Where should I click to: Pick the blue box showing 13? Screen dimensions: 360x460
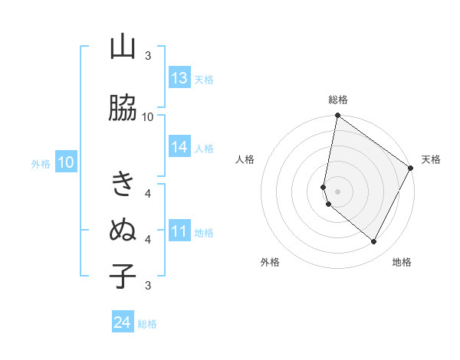179,78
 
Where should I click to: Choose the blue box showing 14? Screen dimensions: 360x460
179,147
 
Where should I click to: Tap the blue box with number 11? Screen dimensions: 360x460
179,231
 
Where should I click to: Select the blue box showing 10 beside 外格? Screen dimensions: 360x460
66,162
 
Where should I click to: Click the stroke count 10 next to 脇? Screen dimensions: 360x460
148,116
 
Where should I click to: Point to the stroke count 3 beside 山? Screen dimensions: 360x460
148,56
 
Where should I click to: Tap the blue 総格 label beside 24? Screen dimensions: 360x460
147,324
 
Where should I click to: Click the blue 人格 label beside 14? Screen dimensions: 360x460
204,149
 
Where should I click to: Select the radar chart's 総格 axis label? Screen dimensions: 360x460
338,100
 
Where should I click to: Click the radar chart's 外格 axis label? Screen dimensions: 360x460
270,262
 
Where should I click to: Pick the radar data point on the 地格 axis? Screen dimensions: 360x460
374,242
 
